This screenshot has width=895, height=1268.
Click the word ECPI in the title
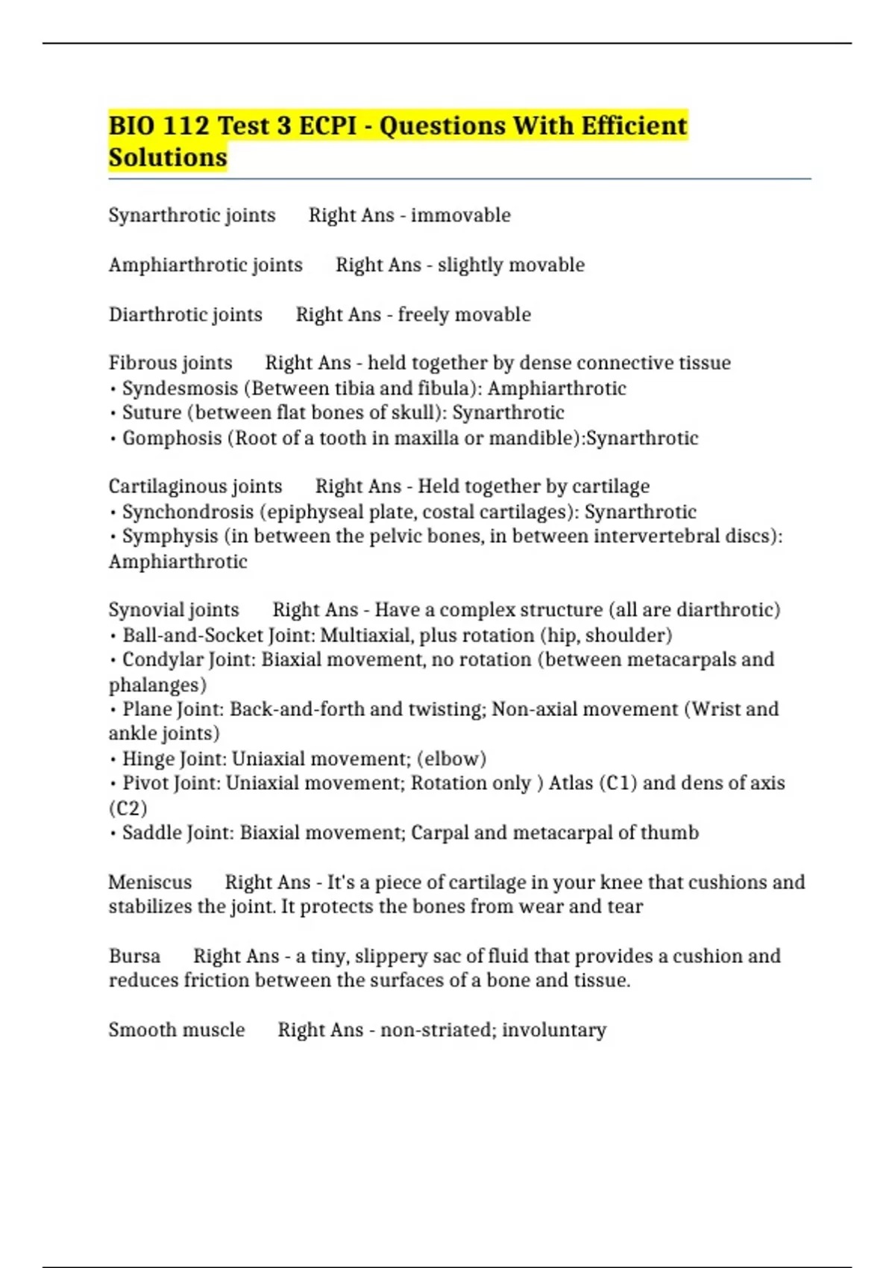(x=328, y=125)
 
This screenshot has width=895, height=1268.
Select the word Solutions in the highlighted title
(x=168, y=157)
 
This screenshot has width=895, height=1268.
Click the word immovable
(x=460, y=216)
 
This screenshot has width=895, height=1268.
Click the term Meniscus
(x=150, y=882)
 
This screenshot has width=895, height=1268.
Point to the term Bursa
(x=134, y=956)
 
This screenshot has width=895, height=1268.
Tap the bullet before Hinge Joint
(x=113, y=760)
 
